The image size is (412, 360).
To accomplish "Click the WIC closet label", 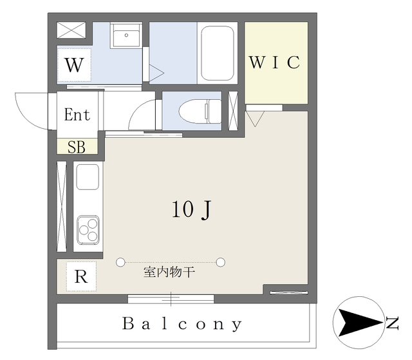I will (274, 62).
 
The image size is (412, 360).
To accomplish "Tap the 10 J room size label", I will (192, 209).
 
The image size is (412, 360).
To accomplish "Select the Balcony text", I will (183, 324).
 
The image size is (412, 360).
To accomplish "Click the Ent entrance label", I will (77, 115).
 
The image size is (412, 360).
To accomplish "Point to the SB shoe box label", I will (77, 147).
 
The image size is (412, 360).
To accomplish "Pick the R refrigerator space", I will (80, 277).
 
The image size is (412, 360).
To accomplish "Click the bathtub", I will (216, 51).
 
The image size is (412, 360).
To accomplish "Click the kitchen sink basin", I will (88, 176).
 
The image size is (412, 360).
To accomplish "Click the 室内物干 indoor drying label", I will (169, 272).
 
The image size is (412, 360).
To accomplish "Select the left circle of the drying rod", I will (120, 262).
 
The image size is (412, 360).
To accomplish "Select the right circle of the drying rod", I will (221, 262).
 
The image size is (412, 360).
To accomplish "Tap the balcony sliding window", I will (171, 298).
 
